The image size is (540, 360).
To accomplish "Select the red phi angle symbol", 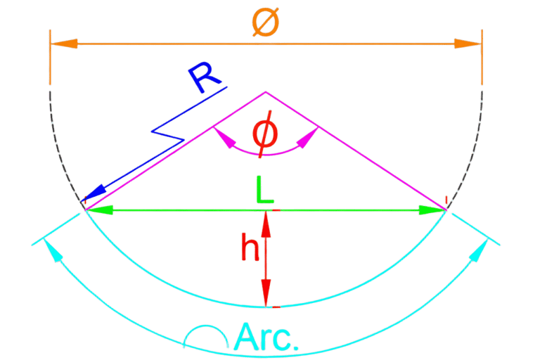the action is pos(264,135).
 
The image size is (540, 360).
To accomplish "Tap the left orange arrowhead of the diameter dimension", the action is pos(63,44).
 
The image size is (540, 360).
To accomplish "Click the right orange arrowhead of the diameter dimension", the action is pos(468,44).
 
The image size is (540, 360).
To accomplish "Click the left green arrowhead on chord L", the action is pos(99,209).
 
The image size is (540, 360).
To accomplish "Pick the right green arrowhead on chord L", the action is pos(431,209).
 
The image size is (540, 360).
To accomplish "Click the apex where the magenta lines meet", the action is pos(265,92).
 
